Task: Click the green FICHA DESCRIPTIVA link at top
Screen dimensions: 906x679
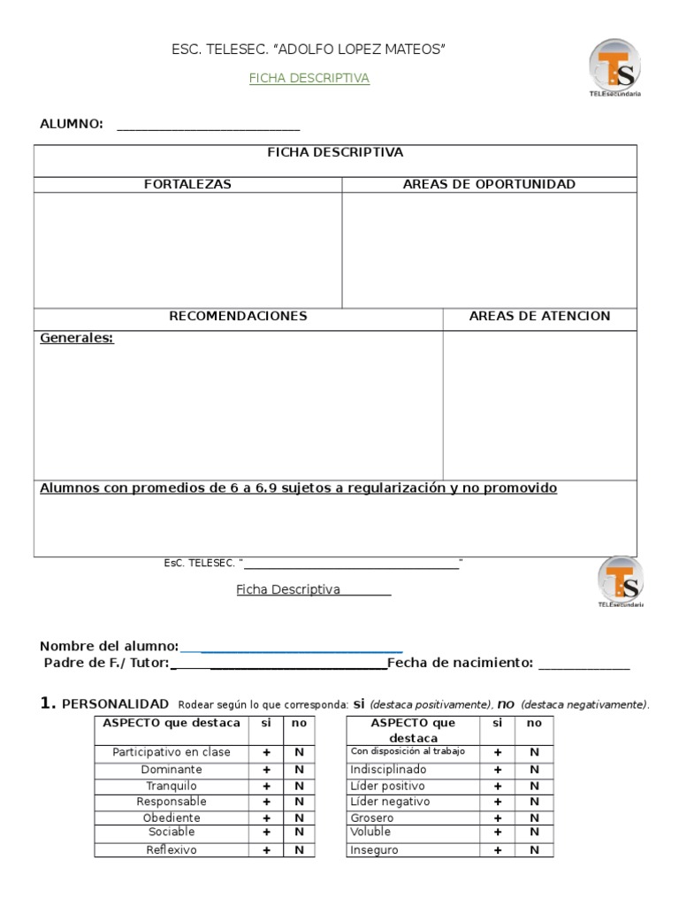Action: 309,78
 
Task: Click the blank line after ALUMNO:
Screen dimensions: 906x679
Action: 208,125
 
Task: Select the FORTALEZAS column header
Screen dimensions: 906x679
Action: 187,184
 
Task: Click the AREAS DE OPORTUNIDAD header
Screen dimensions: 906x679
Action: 489,184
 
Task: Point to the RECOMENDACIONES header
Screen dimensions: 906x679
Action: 238,316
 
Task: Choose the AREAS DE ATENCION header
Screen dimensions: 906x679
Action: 539,316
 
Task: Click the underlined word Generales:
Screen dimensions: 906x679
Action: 77,338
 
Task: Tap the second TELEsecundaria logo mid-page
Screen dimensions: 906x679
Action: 620,582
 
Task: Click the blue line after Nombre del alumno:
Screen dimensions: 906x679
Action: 292,647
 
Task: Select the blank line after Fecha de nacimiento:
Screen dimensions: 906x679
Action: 584,663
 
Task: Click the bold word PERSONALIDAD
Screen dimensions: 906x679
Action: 115,704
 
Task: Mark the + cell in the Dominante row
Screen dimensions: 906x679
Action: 266,770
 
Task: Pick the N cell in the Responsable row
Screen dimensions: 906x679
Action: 299,802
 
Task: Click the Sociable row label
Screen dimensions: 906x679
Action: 172,833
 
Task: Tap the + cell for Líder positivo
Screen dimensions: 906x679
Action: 498,786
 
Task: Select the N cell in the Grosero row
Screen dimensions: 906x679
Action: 534,818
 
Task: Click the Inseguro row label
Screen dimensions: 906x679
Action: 374,850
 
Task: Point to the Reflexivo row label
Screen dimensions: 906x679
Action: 172,850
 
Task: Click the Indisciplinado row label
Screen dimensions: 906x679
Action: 388,770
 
